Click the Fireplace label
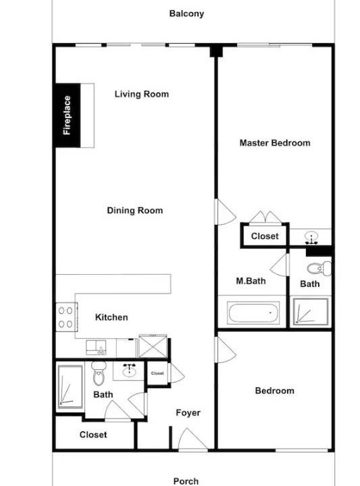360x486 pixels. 67,115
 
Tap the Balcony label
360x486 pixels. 186,13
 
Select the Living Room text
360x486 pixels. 142,94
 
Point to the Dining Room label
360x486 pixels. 135,211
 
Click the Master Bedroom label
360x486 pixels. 275,143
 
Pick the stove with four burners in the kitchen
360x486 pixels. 66,317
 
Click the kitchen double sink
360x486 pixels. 96,347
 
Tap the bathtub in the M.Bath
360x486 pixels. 253,313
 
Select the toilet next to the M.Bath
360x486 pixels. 319,269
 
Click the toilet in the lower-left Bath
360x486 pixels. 99,373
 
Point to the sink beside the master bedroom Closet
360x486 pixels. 311,238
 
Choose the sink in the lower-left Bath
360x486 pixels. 129,370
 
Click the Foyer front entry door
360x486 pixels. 192,439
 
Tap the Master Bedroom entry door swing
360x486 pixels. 226,212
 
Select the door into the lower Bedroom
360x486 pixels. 226,350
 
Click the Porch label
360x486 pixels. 186,481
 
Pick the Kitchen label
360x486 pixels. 111,317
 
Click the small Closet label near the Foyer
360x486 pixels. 157,373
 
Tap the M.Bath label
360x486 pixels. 251,281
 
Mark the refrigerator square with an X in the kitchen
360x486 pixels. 153,346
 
